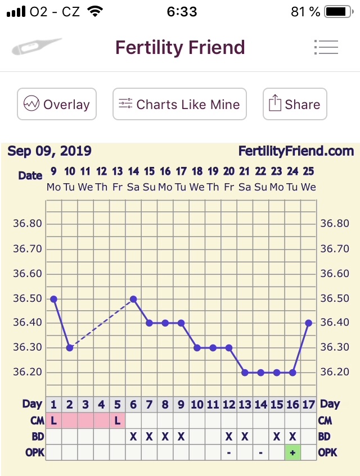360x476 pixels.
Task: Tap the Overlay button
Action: [x=56, y=105]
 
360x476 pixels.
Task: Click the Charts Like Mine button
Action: [x=179, y=105]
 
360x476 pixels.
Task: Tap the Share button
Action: [x=295, y=105]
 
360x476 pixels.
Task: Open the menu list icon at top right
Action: [x=326, y=48]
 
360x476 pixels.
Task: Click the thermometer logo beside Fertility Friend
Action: [x=37, y=47]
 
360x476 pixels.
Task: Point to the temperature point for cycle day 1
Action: [x=54, y=299]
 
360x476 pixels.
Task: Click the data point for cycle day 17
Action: [x=308, y=323]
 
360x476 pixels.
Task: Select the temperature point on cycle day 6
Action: [x=133, y=299]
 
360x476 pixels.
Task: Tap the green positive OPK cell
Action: [x=292, y=452]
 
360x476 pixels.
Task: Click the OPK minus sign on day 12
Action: [x=229, y=452]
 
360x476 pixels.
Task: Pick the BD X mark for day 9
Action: [x=181, y=436]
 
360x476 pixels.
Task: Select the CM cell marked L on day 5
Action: [x=118, y=420]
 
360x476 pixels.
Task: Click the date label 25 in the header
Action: [x=308, y=171]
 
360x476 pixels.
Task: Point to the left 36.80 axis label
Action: [x=28, y=224]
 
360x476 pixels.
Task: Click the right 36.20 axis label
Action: [x=335, y=372]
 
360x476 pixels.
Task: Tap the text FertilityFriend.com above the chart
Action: [x=296, y=151]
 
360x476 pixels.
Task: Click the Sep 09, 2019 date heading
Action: [x=49, y=151]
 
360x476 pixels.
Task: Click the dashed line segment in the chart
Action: [x=101, y=323]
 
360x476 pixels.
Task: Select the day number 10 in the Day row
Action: [x=197, y=404]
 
